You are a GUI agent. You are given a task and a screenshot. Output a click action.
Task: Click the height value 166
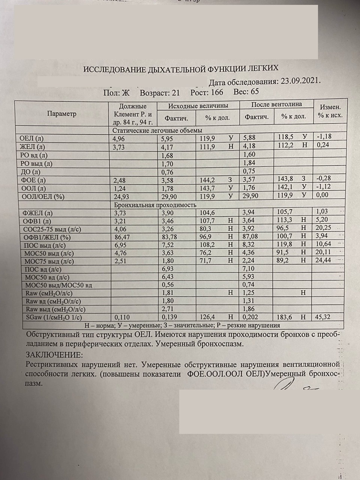click(x=217, y=92)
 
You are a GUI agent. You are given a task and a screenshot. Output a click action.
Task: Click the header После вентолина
click(x=276, y=104)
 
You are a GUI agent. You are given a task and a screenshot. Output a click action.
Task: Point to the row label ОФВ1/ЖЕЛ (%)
click(x=47, y=237)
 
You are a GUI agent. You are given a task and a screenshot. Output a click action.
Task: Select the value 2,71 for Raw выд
click(x=167, y=309)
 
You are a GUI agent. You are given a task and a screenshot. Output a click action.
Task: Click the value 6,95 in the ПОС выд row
click(x=120, y=245)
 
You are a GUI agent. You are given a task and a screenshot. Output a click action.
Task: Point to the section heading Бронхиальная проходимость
click(x=155, y=205)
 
